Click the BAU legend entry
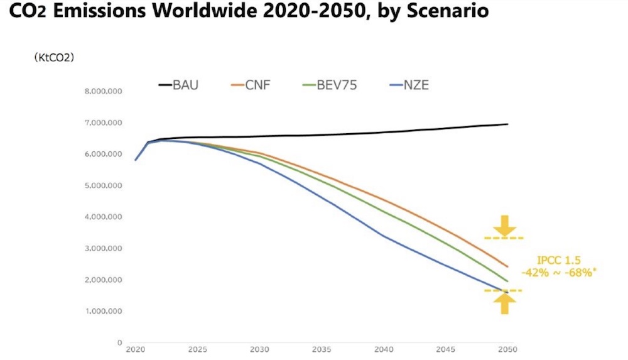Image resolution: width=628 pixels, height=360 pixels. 178,85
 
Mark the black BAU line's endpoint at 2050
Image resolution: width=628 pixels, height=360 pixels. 507,124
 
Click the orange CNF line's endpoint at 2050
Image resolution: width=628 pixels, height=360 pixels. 507,266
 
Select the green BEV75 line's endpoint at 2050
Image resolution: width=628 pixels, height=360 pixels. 507,281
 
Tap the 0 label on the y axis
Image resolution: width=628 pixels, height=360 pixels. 119,343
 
